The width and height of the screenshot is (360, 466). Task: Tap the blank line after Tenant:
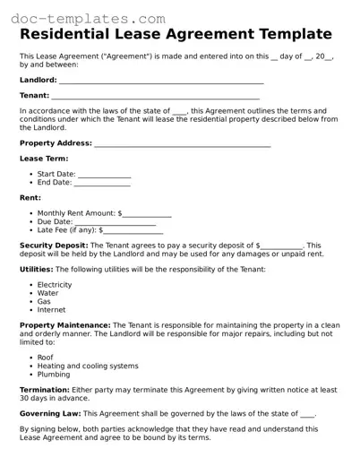point(155,95)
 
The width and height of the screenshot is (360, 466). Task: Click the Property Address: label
point(56,142)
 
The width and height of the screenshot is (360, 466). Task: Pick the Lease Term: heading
point(43,159)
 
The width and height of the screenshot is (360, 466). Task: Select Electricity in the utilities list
point(55,285)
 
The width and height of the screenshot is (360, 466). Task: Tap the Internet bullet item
point(51,309)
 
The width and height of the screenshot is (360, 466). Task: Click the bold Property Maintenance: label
point(64,324)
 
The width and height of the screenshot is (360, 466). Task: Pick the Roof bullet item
point(45,357)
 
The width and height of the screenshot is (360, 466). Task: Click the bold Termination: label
point(46,390)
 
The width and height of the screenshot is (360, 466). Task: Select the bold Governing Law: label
point(50,414)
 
